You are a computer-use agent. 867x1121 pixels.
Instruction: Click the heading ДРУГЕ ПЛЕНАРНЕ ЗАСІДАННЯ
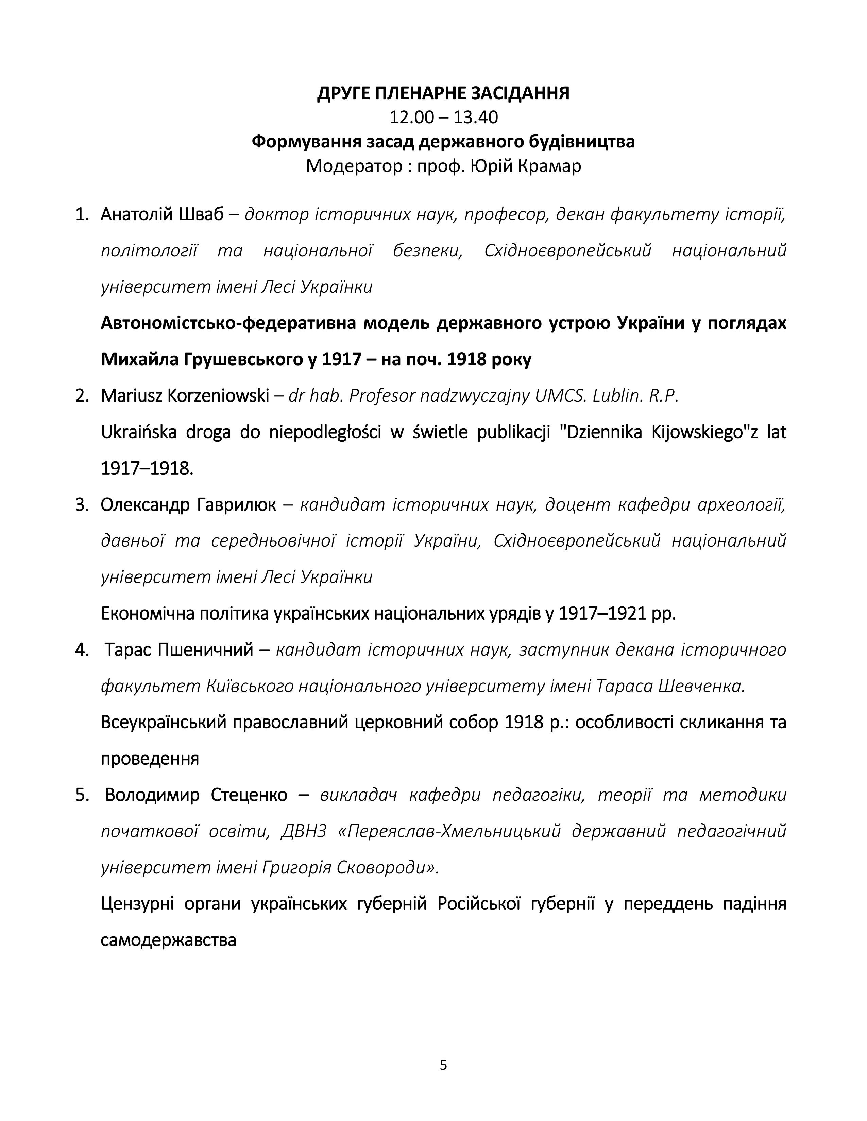(443, 93)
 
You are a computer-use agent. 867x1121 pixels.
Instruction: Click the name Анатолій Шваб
(162, 215)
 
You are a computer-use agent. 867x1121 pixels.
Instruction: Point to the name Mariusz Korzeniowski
(185, 396)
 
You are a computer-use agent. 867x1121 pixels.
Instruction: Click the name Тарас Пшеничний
(179, 650)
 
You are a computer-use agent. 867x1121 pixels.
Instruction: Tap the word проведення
(150, 759)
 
